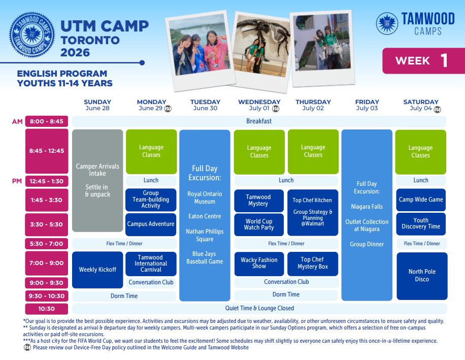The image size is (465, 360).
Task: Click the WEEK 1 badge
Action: pyautogui.click(x=424, y=61)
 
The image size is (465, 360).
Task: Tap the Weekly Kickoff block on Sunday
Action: pyautogui.click(x=97, y=270)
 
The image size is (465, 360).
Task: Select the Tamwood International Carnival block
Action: pyautogui.click(x=151, y=264)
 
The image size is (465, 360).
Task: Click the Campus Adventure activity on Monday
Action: pyautogui.click(x=151, y=224)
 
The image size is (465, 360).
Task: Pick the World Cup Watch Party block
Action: pyautogui.click(x=259, y=224)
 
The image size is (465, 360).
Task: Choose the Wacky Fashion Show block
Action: pyautogui.click(x=259, y=264)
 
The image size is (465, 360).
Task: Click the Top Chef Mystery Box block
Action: pyautogui.click(x=313, y=264)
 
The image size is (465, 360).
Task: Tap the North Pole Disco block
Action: pyautogui.click(x=422, y=276)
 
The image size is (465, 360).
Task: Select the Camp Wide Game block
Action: pyautogui.click(x=421, y=200)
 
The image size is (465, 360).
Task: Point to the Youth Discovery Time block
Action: pyautogui.click(x=421, y=224)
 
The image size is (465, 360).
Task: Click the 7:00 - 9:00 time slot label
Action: pyautogui.click(x=47, y=263)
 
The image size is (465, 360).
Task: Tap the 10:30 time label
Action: pyautogui.click(x=47, y=309)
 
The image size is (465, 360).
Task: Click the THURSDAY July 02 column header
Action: pyautogui.click(x=313, y=105)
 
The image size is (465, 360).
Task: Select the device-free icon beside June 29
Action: pyautogui.click(x=168, y=109)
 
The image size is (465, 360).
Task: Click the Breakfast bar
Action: pyautogui.click(x=259, y=121)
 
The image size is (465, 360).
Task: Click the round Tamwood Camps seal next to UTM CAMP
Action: pyautogui.click(x=32, y=35)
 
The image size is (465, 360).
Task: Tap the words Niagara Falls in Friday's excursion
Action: pyautogui.click(x=367, y=207)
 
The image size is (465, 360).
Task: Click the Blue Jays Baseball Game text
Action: pyautogui.click(x=205, y=258)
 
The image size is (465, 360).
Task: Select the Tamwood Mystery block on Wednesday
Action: pyautogui.click(x=259, y=201)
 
